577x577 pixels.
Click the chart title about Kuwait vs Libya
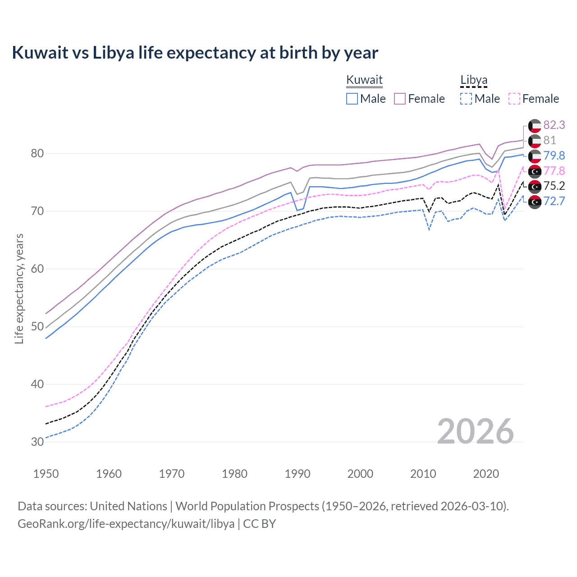(195, 53)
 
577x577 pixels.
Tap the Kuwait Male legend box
(352, 99)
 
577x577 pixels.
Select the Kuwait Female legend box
(400, 99)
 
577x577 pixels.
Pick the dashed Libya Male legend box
(466, 99)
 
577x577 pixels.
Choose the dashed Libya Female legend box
(514, 99)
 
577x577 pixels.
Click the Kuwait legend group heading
(364, 80)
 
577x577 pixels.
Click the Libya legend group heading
(474, 80)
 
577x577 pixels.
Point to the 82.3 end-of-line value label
(554, 125)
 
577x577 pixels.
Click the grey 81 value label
(550, 140)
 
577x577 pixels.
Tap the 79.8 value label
(554, 156)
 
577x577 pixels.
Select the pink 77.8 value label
(554, 171)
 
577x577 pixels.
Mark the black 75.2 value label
(554, 186)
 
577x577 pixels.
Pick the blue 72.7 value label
(554, 201)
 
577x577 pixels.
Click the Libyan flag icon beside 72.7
(535, 201)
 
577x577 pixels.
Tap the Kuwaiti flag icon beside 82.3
(535, 125)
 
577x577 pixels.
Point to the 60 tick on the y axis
(37, 269)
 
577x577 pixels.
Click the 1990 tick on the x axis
(298, 474)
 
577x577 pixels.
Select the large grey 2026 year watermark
(476, 431)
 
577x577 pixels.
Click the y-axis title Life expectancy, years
(19, 288)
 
